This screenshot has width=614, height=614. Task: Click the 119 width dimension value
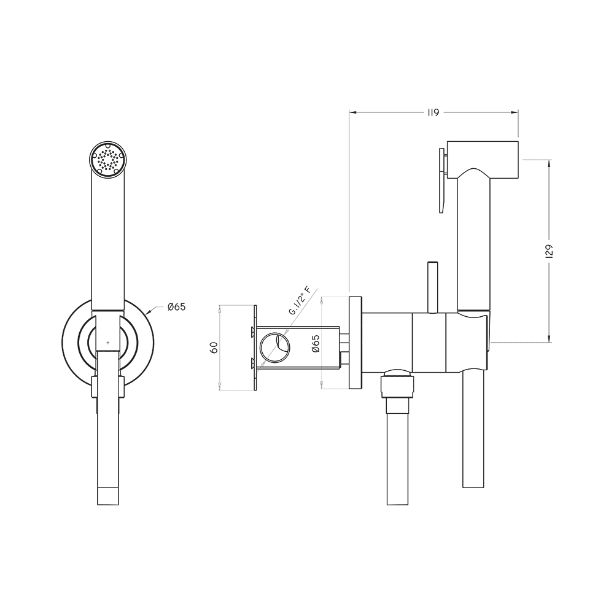(433, 113)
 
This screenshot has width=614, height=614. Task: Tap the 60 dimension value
(214, 348)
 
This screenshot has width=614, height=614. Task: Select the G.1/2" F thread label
(300, 301)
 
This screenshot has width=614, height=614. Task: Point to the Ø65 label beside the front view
(177, 307)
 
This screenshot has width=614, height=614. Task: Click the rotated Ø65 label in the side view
(316, 343)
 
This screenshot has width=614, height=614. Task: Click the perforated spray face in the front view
(107, 160)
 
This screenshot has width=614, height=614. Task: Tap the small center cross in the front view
(108, 343)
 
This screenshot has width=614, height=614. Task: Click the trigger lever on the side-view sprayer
(443, 180)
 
